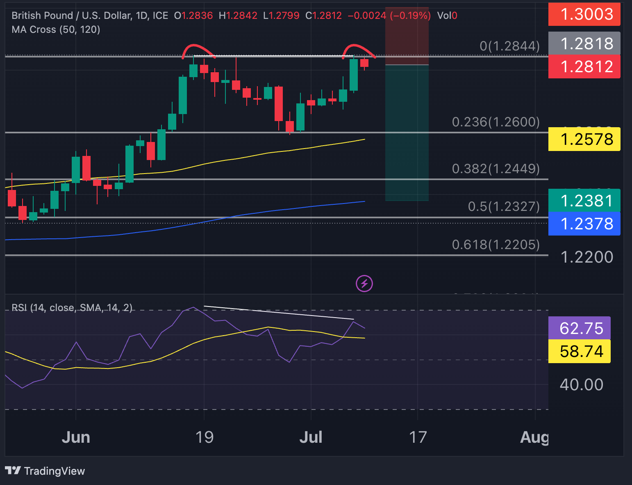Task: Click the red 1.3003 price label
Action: tap(584, 14)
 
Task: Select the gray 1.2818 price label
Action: tap(584, 43)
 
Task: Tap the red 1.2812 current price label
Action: tap(584, 66)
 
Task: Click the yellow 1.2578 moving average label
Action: tap(584, 140)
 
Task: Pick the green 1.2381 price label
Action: tap(584, 201)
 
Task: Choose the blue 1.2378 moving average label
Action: tap(584, 224)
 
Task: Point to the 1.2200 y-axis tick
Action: tap(587, 257)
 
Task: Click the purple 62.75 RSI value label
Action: tap(579, 328)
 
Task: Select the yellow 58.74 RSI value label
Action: tap(579, 352)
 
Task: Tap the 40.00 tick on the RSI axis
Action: tap(581, 385)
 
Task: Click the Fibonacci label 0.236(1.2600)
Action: tap(496, 122)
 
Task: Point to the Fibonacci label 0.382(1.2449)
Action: tap(496, 169)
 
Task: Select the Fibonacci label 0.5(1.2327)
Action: tap(504, 206)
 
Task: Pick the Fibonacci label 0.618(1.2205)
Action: tap(496, 245)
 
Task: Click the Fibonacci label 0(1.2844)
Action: tap(509, 46)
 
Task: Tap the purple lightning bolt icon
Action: tap(364, 284)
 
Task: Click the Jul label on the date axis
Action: tap(311, 437)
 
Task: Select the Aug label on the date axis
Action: tap(534, 437)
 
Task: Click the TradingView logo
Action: tap(45, 471)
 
